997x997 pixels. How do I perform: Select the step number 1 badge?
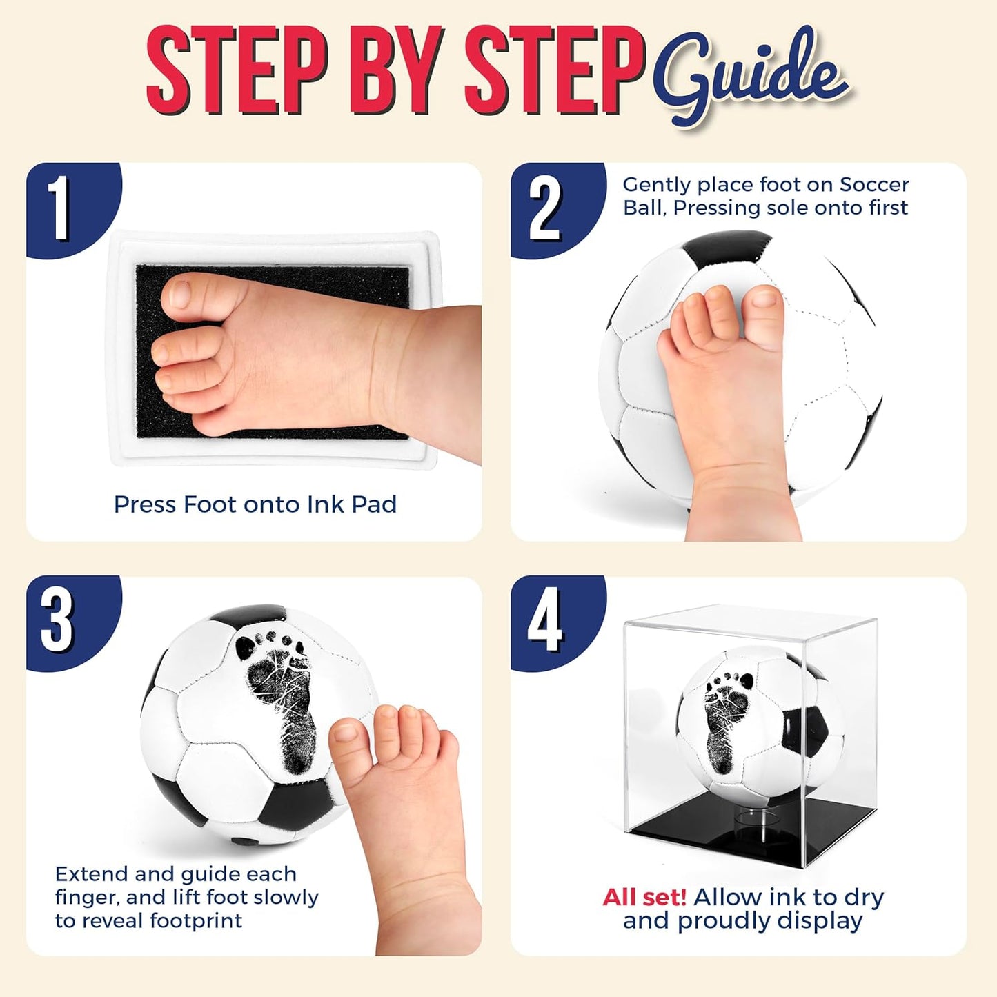pyautogui.click(x=61, y=208)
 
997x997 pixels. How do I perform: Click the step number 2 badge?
pyautogui.click(x=545, y=208)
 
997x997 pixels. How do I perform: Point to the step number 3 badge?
pyautogui.click(x=58, y=620)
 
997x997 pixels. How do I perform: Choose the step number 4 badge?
pyautogui.click(x=545, y=620)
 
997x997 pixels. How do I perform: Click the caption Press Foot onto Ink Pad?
pyautogui.click(x=255, y=504)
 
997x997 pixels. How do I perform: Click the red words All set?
pyautogui.click(x=644, y=897)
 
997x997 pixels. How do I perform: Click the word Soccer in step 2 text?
pyautogui.click(x=874, y=185)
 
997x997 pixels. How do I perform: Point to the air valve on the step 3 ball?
pyautogui.click(x=241, y=841)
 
